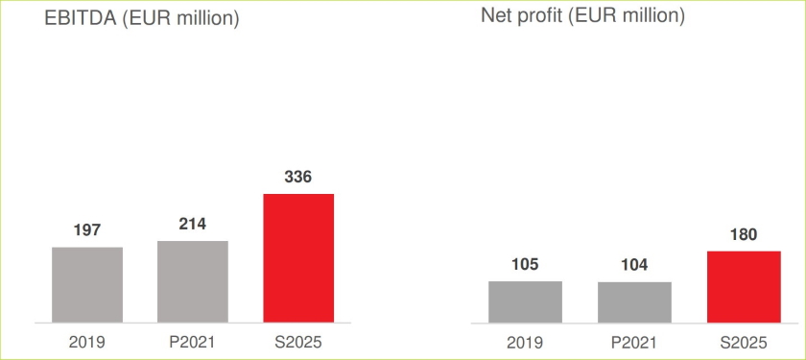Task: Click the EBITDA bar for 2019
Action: (x=87, y=284)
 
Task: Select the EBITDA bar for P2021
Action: (x=193, y=281)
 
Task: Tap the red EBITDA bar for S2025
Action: (x=298, y=257)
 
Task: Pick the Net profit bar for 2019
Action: (x=525, y=301)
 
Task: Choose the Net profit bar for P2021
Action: (x=634, y=301)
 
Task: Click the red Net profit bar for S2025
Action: (x=744, y=286)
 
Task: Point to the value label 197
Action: (x=87, y=230)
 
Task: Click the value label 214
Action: (x=193, y=224)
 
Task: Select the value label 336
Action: (x=298, y=177)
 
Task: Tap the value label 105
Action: (x=525, y=264)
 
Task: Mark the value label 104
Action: (x=634, y=265)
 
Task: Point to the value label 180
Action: (x=744, y=233)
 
